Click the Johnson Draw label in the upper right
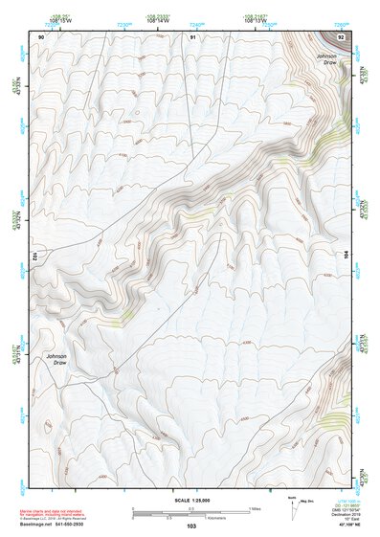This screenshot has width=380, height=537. [326, 60]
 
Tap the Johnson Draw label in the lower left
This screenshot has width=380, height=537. [56, 360]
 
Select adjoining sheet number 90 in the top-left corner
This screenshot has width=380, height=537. [41, 36]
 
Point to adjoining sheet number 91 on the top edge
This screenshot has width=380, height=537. [192, 36]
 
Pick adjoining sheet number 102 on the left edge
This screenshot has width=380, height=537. [34, 257]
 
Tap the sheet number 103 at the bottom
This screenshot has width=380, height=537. [191, 526]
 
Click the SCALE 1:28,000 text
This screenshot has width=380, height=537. [191, 501]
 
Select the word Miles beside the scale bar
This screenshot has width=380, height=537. [255, 508]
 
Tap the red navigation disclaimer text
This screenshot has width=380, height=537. [57, 510]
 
